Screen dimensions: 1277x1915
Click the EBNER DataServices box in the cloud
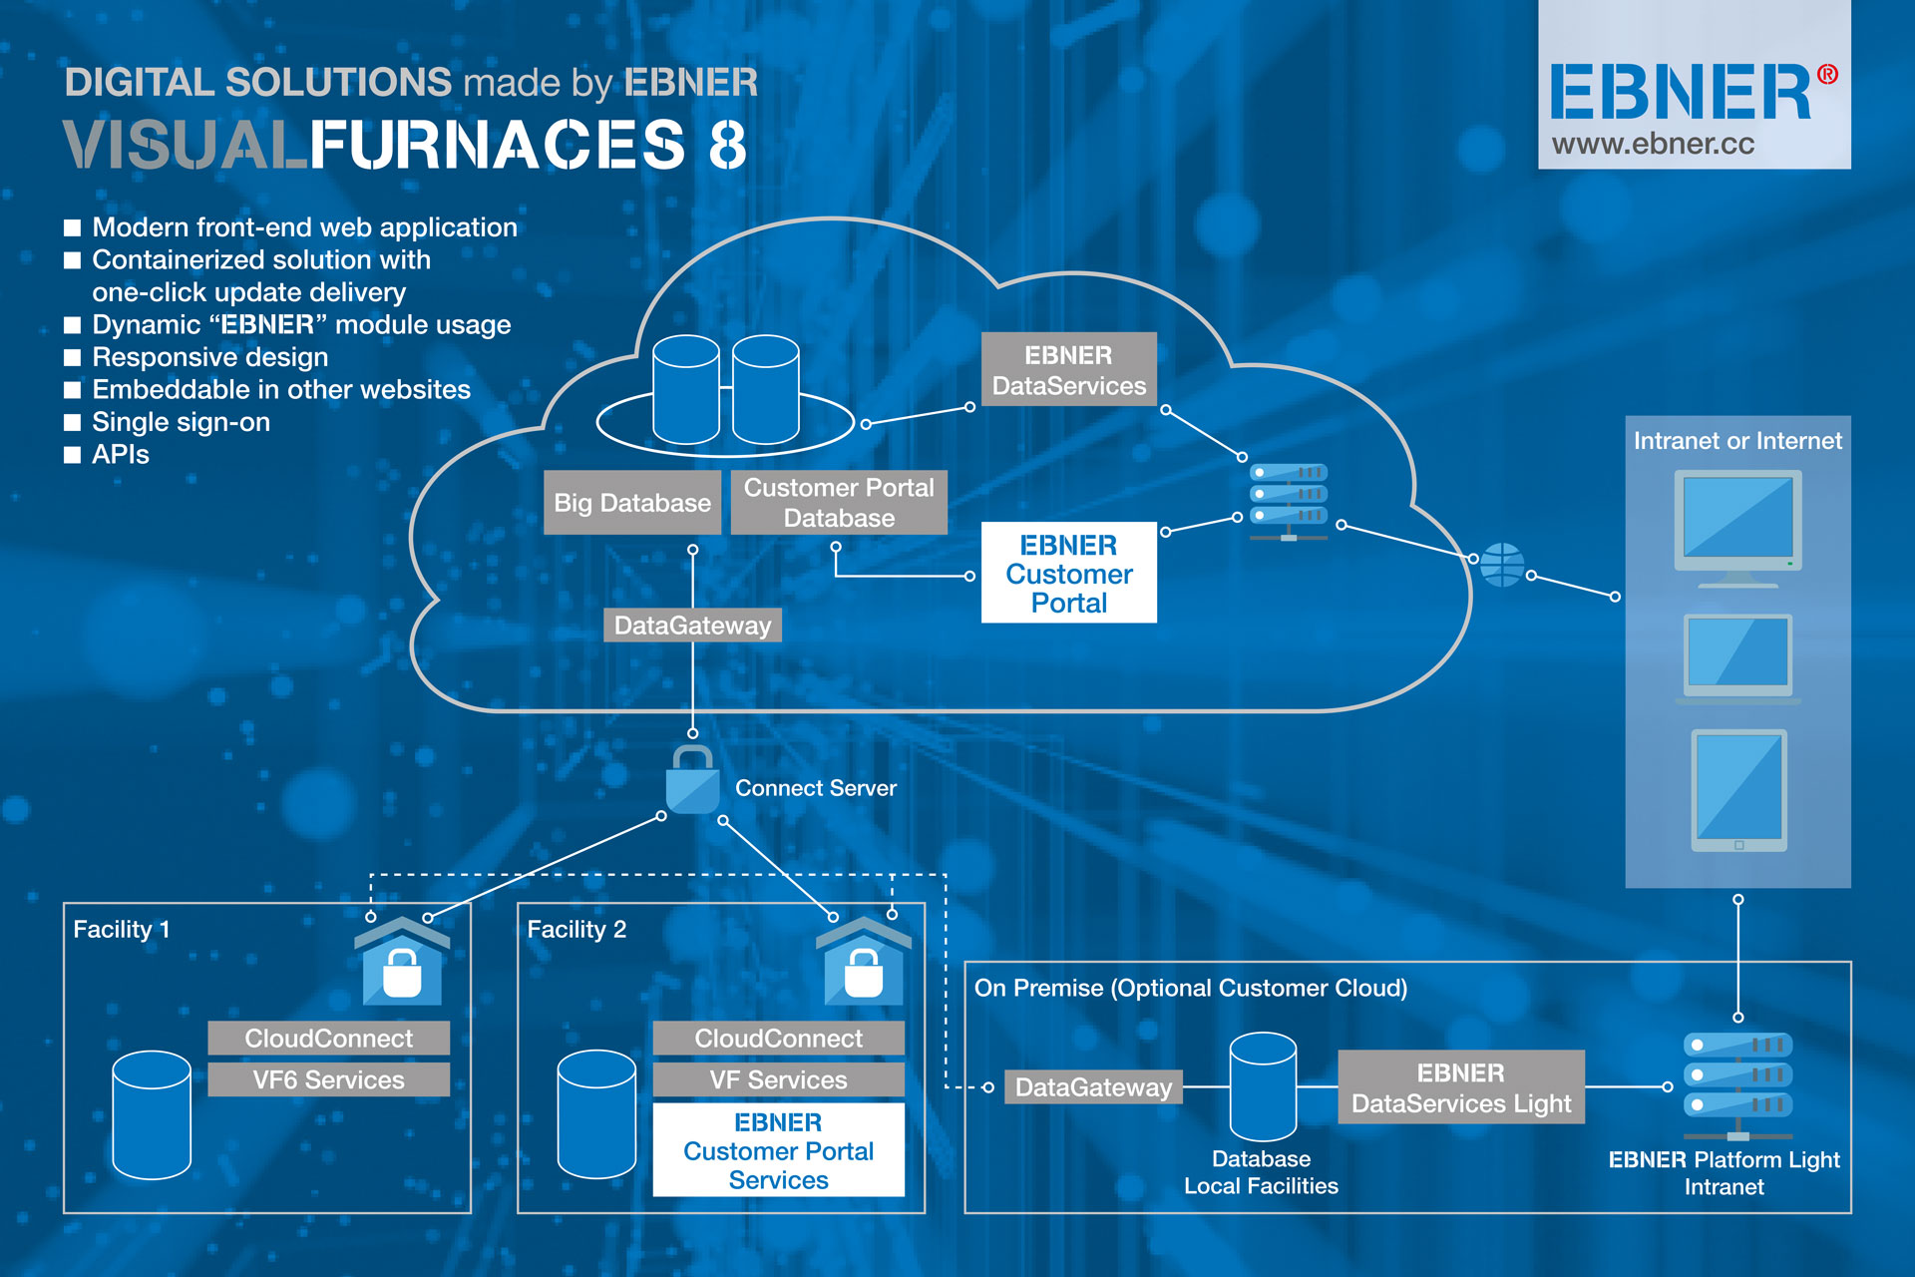1068,370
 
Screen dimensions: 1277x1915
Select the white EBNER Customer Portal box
1068,574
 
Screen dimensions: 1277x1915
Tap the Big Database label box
632,503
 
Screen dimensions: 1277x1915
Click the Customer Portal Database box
839,503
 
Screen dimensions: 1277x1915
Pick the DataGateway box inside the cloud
692,626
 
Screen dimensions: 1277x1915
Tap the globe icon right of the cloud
1501,565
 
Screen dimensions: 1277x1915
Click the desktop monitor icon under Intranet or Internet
1737,527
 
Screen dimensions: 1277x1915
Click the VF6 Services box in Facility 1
328,1079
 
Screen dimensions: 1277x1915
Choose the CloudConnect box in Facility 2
778,1039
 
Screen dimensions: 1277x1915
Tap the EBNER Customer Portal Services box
778,1151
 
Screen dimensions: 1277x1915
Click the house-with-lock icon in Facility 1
402,963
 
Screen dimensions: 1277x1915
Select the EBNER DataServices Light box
1460,1087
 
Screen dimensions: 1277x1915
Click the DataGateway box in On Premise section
1093,1087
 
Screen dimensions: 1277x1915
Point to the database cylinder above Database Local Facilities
1263,1087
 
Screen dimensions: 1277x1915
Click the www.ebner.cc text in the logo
1653,145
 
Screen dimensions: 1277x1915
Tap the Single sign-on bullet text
181,422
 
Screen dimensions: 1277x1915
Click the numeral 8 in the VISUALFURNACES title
727,146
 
